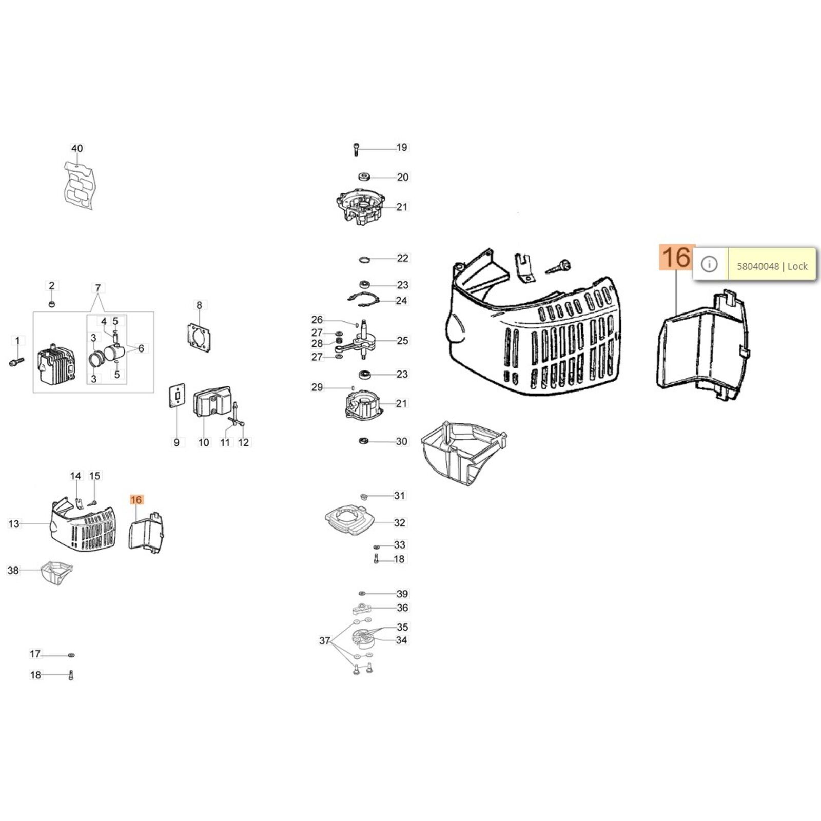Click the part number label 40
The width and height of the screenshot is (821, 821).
[x=76, y=149]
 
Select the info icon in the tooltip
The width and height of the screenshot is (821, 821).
[x=709, y=264]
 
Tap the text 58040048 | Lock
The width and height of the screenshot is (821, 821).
[x=772, y=266]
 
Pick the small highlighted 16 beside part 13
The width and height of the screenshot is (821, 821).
[x=136, y=500]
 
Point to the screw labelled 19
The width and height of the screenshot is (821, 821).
[x=356, y=149]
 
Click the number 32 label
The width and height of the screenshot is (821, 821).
[x=400, y=523]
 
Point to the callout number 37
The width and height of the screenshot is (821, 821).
[x=325, y=640]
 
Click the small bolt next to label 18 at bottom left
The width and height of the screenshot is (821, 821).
[x=71, y=676]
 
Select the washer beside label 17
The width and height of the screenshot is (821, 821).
[x=71, y=655]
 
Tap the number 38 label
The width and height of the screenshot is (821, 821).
[x=13, y=570]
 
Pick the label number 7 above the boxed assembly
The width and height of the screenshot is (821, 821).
[x=98, y=288]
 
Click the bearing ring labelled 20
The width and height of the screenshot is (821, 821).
[x=365, y=177]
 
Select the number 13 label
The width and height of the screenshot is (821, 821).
[x=14, y=523]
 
